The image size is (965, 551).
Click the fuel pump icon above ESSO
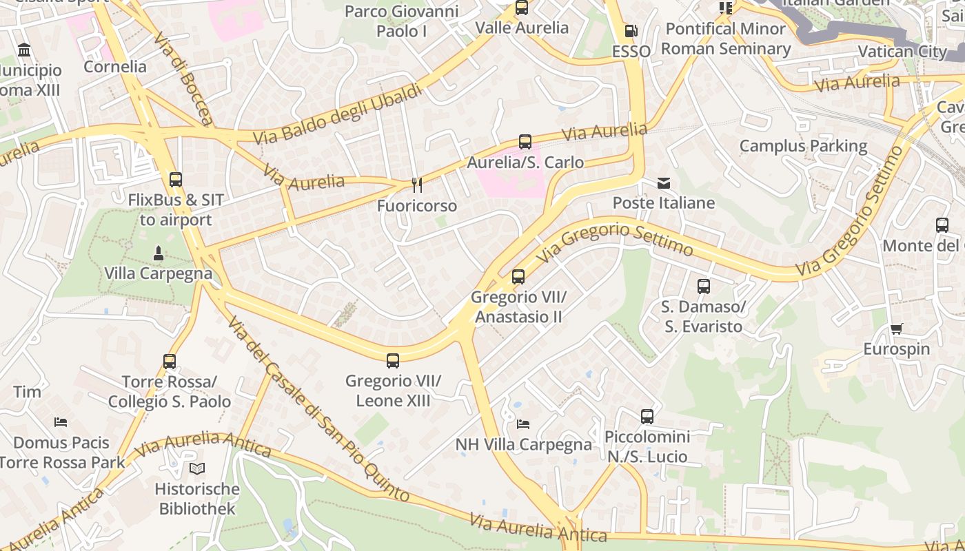point(630,31)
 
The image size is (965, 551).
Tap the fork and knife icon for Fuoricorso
point(416,185)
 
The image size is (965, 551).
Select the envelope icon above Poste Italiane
point(664,183)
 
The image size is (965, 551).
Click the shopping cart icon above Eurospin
point(896,329)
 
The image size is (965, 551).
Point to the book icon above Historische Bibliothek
point(197,469)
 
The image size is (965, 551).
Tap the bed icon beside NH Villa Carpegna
point(523,424)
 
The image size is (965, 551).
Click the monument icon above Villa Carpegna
point(158,253)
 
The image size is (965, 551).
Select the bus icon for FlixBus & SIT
point(176,180)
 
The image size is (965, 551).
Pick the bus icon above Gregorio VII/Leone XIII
point(393,360)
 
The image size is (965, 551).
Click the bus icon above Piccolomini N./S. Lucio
point(647,416)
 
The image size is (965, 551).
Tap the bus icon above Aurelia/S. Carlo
point(525,142)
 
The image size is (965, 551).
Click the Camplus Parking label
point(803,146)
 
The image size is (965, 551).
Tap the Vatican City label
point(902,52)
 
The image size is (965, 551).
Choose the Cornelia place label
point(115,67)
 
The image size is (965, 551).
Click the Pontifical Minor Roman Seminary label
point(726,39)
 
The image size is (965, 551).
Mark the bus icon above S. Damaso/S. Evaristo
point(703,287)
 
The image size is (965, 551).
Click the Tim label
point(27,392)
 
